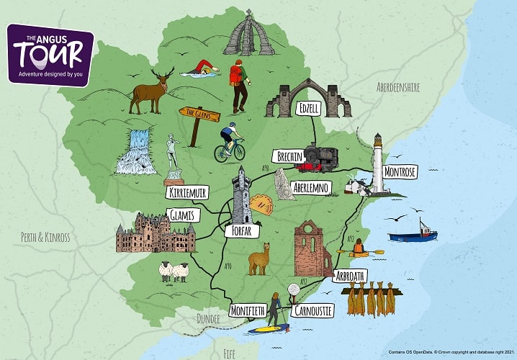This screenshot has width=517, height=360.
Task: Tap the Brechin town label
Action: (x=287, y=156)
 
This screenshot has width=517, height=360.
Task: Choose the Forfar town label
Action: (x=247, y=232)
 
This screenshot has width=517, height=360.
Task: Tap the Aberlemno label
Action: (x=311, y=188)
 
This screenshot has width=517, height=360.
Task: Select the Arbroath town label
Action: (x=351, y=276)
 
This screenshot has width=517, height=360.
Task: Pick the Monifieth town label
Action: (x=247, y=310)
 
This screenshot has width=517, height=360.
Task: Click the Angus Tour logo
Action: (x=50, y=54)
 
